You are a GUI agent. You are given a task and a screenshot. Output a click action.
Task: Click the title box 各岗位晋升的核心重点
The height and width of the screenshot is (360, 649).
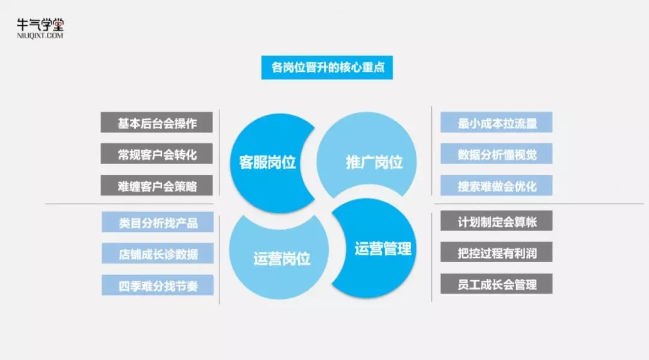(x=327, y=68)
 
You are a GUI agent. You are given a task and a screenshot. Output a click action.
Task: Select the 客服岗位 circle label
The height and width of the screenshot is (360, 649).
(x=267, y=162)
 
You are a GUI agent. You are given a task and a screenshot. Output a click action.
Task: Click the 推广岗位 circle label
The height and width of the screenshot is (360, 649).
(x=374, y=162)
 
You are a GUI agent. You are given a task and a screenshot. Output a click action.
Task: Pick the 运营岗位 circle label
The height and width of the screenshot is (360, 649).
(x=281, y=259)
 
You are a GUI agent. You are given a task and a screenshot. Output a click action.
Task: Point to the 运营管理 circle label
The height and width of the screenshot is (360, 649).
(x=382, y=248)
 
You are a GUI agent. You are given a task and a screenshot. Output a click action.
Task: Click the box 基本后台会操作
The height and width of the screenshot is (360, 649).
(x=157, y=123)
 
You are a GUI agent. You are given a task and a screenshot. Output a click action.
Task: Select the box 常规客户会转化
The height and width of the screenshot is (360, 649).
(x=157, y=154)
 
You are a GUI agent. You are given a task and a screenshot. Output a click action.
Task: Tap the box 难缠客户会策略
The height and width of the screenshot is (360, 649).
(x=157, y=186)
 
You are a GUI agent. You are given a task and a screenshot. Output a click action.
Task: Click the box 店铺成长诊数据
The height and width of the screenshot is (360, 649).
(x=158, y=254)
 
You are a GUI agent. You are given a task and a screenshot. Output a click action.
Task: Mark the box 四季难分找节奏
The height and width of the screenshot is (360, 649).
(x=158, y=285)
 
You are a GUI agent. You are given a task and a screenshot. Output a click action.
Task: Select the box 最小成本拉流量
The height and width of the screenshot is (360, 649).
(x=496, y=123)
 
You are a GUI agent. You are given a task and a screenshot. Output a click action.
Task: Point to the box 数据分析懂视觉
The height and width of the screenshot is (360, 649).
(x=496, y=154)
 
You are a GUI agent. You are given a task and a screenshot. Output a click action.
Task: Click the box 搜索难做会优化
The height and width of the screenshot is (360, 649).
(x=496, y=186)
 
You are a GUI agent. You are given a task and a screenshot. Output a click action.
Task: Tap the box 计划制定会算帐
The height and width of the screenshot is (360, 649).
(x=496, y=222)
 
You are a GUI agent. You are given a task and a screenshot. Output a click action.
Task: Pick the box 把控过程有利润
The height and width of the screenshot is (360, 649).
(x=496, y=253)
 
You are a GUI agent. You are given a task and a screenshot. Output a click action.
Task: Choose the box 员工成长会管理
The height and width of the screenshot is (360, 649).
(x=496, y=284)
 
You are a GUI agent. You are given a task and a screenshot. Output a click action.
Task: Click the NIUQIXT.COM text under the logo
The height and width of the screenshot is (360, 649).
(x=40, y=35)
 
